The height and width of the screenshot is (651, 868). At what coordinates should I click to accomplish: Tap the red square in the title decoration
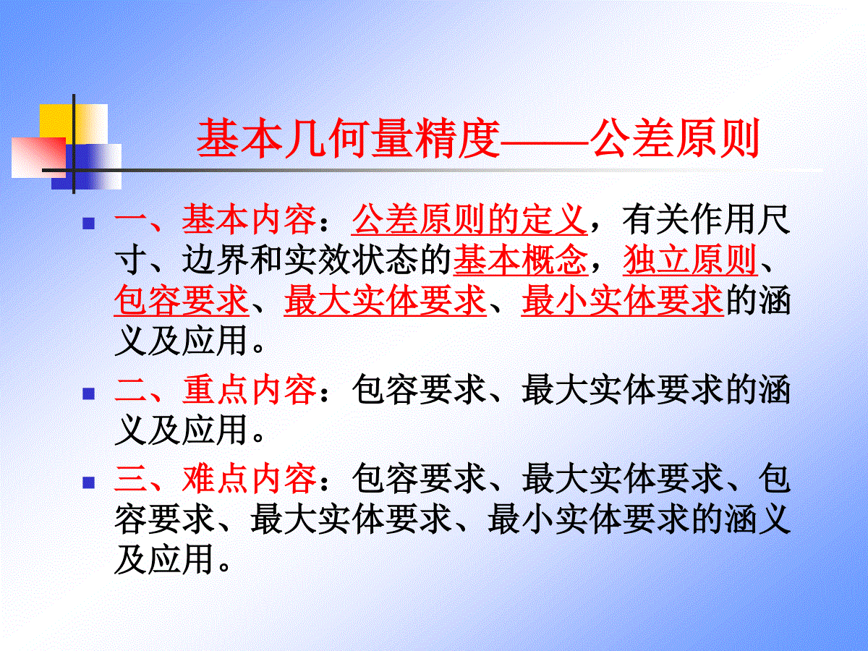[x=39, y=157]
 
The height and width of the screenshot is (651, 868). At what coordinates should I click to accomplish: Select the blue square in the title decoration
[x=86, y=166]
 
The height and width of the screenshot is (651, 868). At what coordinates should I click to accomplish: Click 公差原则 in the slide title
[x=675, y=138]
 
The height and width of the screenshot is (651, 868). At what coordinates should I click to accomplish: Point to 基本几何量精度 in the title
[x=349, y=138]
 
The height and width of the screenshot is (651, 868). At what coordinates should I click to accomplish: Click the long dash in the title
[x=545, y=139]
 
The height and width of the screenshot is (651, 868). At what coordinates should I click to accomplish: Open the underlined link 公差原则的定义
[x=469, y=219]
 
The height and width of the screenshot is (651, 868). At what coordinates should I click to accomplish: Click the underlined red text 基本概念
[x=520, y=260]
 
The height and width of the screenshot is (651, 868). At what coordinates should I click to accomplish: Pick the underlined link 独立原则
[x=690, y=260]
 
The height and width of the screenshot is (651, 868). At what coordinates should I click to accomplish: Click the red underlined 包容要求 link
[x=182, y=300]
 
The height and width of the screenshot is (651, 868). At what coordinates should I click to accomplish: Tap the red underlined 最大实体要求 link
[x=385, y=300]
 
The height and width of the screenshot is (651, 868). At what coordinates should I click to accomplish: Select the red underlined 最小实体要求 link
[x=623, y=300]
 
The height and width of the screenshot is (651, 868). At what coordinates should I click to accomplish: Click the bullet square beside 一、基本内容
[x=88, y=224]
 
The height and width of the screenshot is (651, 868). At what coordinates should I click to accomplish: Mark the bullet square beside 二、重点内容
[x=88, y=393]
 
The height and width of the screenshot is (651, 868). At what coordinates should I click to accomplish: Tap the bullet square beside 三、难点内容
[x=88, y=482]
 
